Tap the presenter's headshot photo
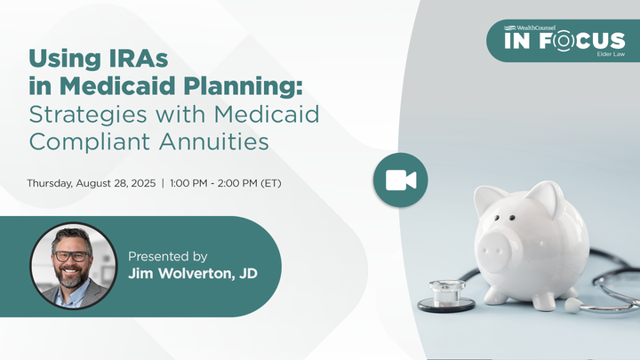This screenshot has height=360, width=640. [73, 265]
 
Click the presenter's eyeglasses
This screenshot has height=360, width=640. [72, 256]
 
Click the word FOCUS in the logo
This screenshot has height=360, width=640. [578, 42]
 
